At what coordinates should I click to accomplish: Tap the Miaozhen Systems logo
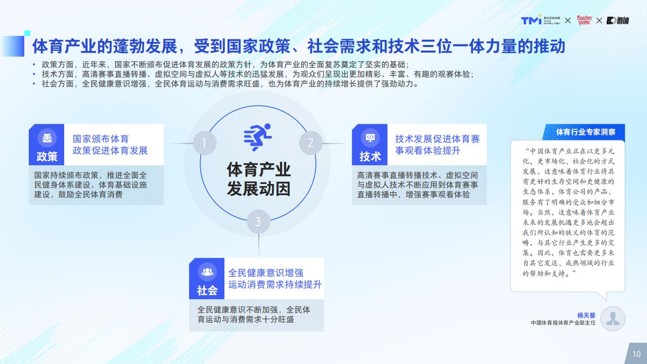point(584,20)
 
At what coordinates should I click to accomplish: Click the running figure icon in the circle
point(258,137)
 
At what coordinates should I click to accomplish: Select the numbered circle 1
point(205,143)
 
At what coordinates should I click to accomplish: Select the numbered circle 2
point(311,143)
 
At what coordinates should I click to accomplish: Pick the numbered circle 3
point(258,221)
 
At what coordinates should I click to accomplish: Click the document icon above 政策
point(47,138)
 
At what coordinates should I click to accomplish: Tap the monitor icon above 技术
point(370,138)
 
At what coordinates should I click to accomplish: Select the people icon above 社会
point(207,272)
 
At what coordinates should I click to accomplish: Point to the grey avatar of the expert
point(613,318)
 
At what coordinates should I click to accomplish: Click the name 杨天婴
point(586,315)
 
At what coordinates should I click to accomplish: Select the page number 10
point(636,354)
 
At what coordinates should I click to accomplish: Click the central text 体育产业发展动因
point(258,179)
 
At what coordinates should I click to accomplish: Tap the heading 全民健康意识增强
point(266,272)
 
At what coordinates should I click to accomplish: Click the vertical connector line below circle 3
point(258,245)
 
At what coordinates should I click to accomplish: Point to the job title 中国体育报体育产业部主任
point(563,323)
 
